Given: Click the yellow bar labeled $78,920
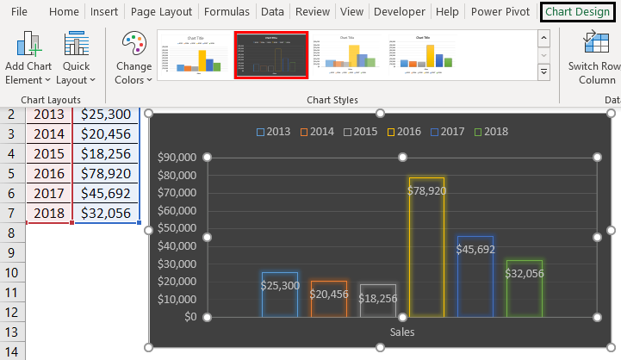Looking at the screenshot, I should (426, 250).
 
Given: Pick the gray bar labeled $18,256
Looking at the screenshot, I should (377, 301).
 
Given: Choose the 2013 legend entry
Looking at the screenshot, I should (273, 132).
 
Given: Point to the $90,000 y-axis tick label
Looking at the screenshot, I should (177, 158).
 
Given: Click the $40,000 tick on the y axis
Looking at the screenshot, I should (177, 245).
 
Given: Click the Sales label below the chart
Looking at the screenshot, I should (402, 332).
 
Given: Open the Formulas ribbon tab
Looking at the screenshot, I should (227, 12).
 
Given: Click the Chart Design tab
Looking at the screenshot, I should (577, 12).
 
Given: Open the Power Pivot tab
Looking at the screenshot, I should (501, 12).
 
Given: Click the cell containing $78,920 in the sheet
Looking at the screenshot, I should (106, 174).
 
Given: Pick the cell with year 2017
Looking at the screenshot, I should (49, 193).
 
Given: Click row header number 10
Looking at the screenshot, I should (12, 273).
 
